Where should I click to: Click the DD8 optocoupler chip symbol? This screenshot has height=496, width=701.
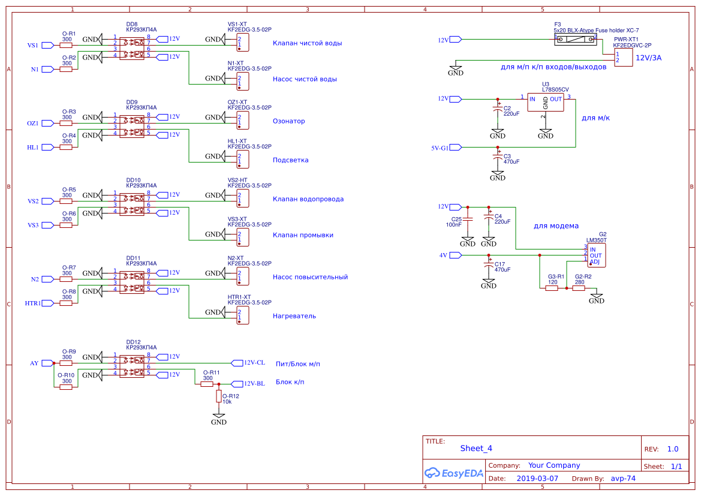[131, 47]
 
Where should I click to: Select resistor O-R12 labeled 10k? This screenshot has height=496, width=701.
[219, 396]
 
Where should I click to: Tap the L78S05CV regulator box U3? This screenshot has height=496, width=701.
[546, 103]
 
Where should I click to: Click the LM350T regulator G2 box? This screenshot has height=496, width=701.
[596, 255]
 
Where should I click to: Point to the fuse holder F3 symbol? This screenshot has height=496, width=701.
[576, 40]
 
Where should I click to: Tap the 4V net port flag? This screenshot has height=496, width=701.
[456, 255]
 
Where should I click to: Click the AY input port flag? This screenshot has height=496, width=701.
[47, 363]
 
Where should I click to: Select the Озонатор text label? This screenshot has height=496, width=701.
[288, 121]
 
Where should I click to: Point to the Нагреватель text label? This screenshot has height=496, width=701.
[294, 316]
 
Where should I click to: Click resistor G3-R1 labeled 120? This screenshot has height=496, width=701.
[552, 288]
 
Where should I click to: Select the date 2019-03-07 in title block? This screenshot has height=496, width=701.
[537, 479]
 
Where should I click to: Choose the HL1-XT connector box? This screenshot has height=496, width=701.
[242, 159]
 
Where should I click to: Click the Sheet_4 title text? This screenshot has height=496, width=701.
[476, 448]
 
